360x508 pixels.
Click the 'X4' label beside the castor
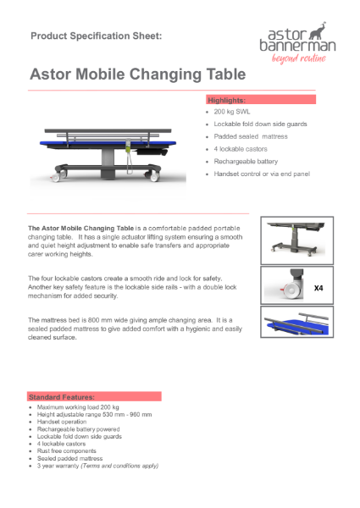[x=319, y=288]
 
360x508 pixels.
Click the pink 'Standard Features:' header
[x=94, y=396]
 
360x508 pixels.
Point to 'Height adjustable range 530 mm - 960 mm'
[x=94, y=415]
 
